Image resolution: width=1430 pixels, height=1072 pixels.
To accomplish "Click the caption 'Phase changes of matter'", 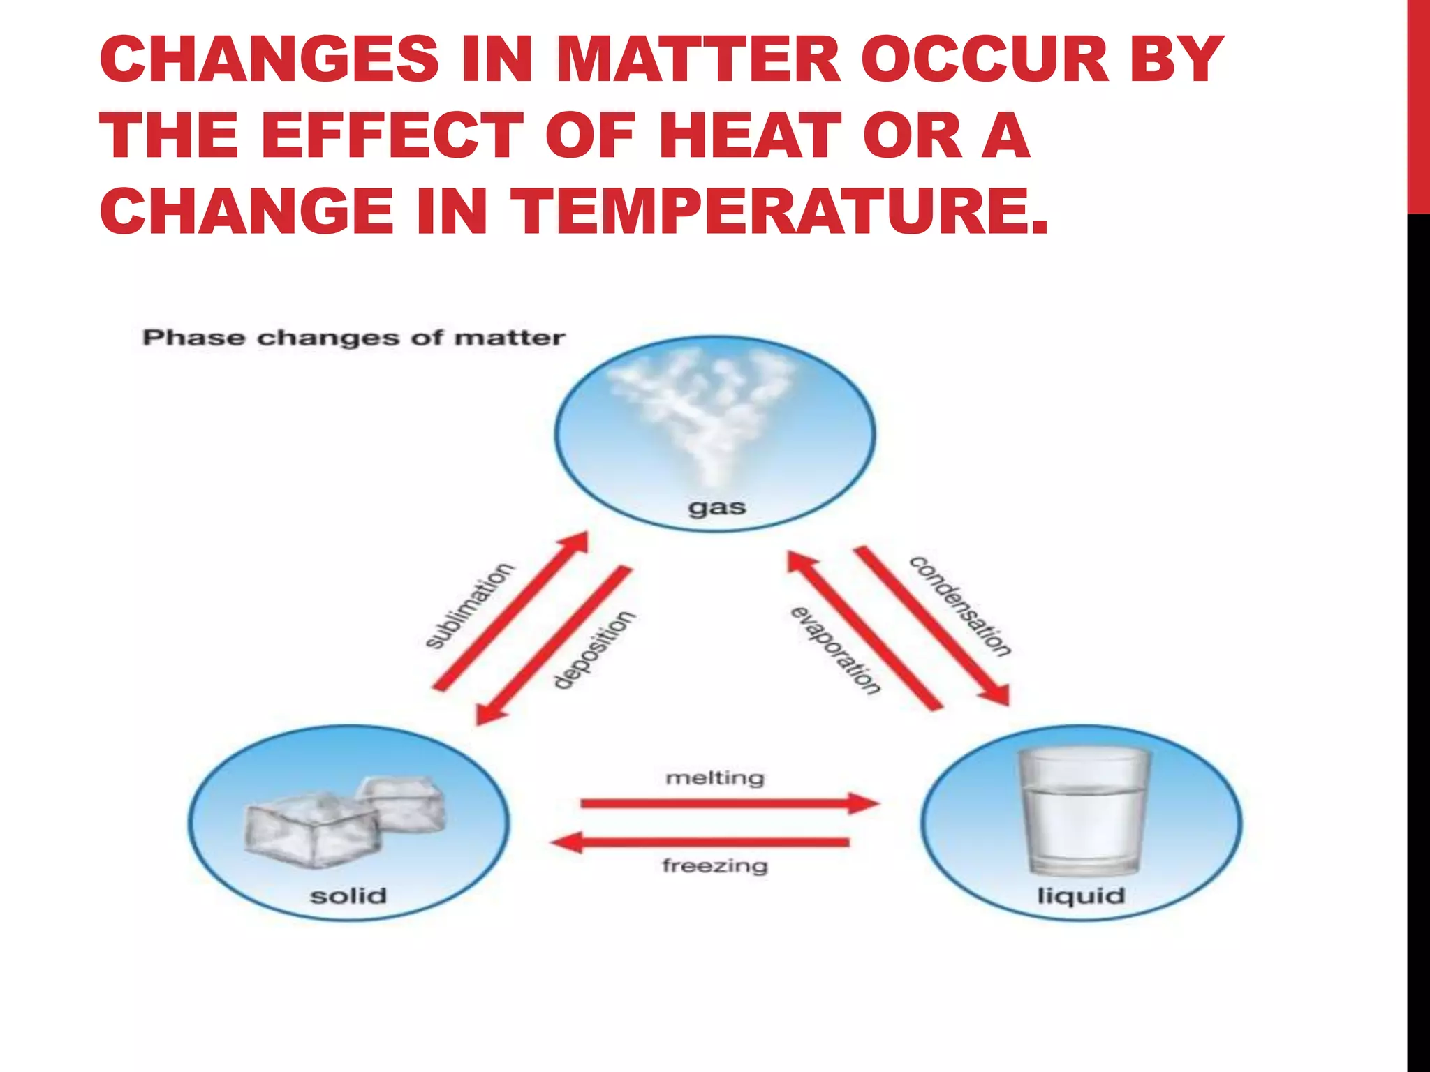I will (x=353, y=338).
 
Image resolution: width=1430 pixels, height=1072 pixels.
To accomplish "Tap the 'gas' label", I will (x=716, y=507).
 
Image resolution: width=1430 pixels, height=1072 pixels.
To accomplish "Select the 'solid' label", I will (x=348, y=895).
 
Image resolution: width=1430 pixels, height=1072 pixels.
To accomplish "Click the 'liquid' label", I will (x=1081, y=895).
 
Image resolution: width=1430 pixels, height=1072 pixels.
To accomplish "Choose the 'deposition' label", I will (x=594, y=650).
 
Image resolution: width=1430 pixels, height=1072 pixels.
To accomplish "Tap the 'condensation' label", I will (x=960, y=606).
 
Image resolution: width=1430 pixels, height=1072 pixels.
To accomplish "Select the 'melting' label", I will (x=715, y=777).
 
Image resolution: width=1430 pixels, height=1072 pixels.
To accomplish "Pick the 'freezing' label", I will (x=715, y=866).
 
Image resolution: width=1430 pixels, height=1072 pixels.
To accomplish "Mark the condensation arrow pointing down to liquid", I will (x=932, y=625).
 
